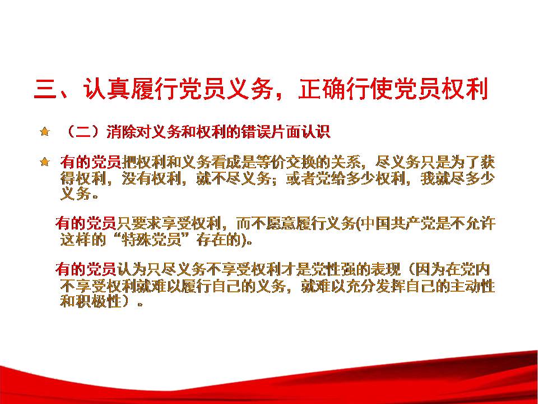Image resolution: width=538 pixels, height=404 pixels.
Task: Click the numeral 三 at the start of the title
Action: [45, 89]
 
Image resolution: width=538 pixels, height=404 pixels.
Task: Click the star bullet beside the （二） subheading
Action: [45, 131]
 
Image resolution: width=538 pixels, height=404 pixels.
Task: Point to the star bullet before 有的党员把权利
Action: [45, 162]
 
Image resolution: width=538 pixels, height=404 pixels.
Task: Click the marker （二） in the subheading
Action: [84, 131]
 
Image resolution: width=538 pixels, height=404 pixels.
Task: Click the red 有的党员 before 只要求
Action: [85, 223]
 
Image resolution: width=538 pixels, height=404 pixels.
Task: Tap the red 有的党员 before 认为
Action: [85, 269]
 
